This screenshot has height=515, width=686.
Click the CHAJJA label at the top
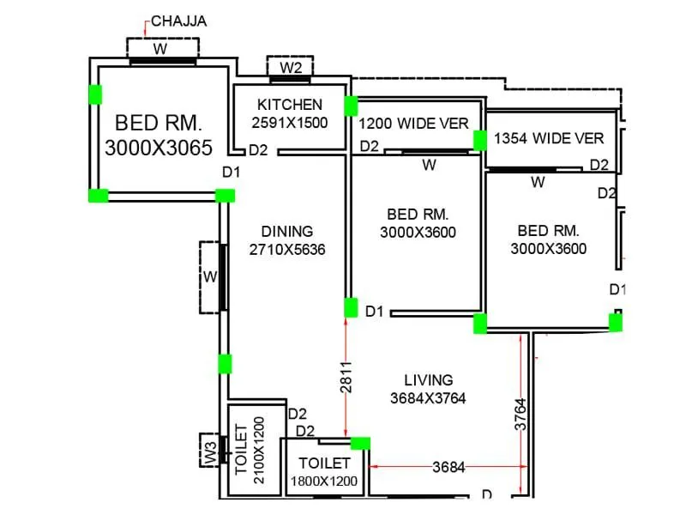click(x=179, y=21)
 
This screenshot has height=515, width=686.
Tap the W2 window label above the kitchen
click(x=291, y=67)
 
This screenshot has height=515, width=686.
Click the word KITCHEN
click(x=290, y=105)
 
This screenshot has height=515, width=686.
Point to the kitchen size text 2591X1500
click(x=290, y=123)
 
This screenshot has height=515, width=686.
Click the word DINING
click(x=287, y=231)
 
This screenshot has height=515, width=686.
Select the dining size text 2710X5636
click(x=287, y=250)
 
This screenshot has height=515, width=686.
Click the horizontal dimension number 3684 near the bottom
click(x=449, y=468)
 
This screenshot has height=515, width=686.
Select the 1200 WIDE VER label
click(x=413, y=124)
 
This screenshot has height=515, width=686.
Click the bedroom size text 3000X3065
click(x=159, y=147)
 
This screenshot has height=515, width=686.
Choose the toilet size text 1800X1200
click(x=323, y=482)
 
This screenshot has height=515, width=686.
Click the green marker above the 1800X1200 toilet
click(x=361, y=443)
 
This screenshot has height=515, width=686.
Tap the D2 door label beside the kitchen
click(x=258, y=150)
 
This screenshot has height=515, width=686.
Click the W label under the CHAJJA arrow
click(x=160, y=49)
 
